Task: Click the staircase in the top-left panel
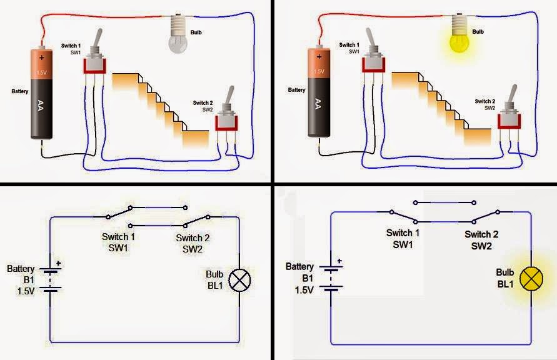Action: click(159, 109)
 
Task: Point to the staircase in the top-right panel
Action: click(440, 109)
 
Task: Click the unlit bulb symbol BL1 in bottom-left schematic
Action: click(239, 281)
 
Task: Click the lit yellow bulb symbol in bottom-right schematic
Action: click(531, 279)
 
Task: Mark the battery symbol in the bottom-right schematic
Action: click(331, 277)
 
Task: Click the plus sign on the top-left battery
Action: click(42, 57)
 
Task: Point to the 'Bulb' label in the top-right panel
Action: click(478, 31)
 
